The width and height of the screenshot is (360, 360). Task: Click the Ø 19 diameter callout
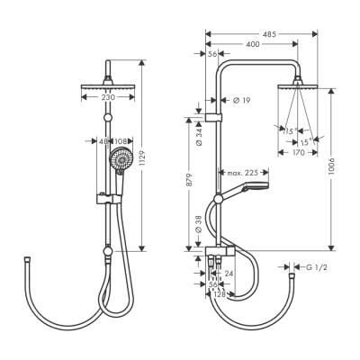click(242, 100)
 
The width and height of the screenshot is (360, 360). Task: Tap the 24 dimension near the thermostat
click(229, 274)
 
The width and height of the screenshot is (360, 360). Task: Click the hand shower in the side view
click(253, 189)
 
